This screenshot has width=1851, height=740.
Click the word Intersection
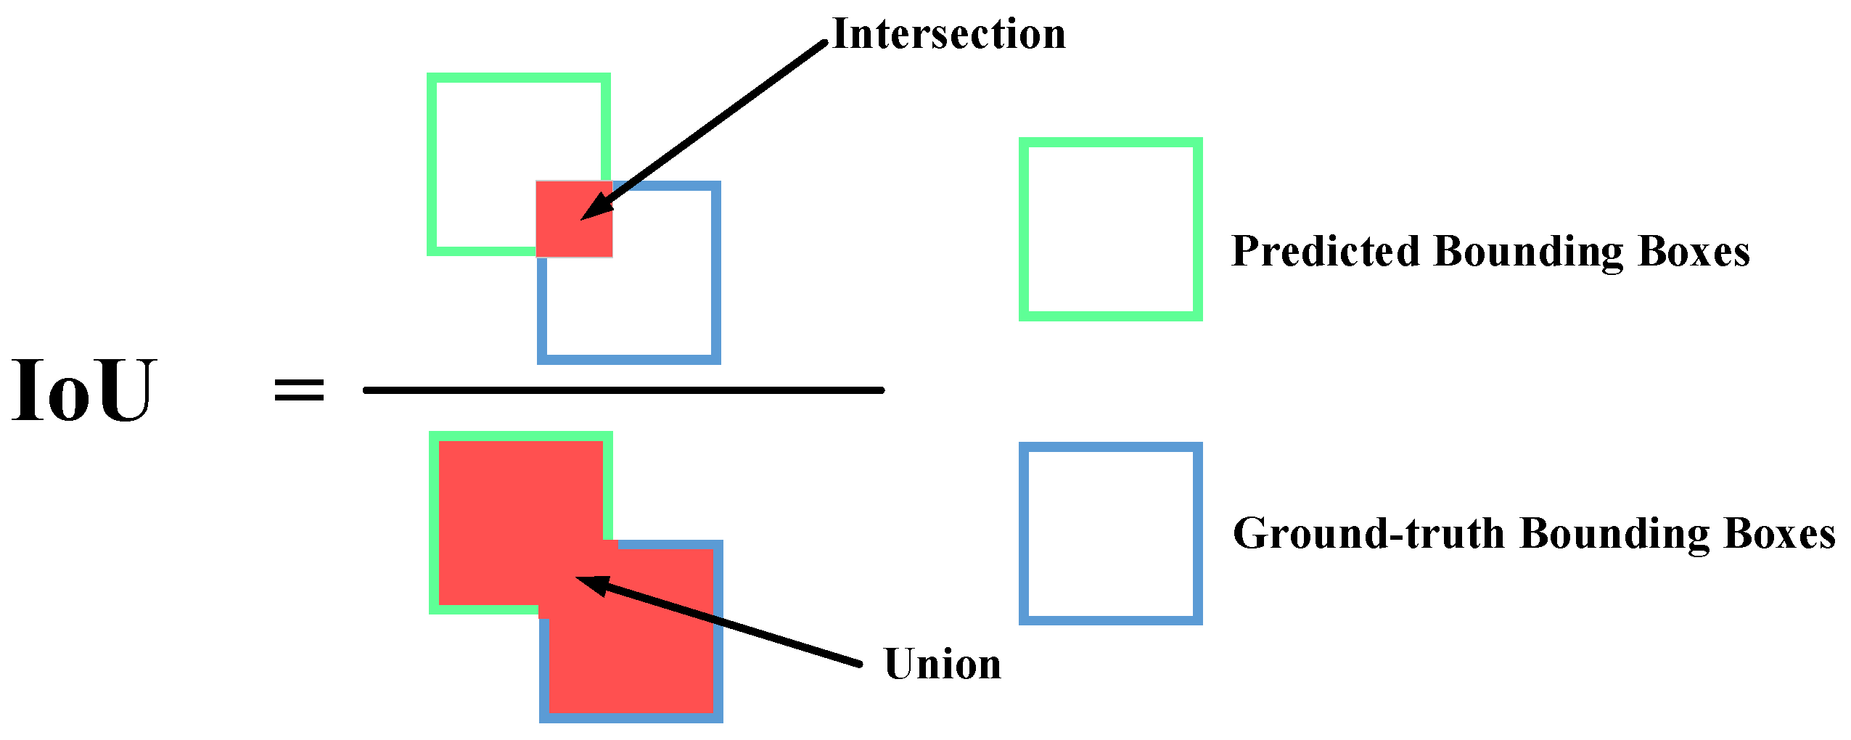click(949, 34)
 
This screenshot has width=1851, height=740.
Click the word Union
click(943, 664)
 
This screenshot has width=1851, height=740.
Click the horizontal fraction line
click(624, 390)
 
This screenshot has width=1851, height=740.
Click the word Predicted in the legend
click(1325, 252)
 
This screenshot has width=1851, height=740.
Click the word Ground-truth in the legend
click(1368, 534)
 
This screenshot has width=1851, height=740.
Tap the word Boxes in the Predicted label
click(1694, 252)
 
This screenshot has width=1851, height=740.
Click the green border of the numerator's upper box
click(432, 163)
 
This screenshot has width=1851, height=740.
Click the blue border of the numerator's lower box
click(716, 272)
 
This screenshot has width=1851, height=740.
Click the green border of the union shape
click(434, 522)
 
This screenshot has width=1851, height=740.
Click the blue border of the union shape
click(718, 631)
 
